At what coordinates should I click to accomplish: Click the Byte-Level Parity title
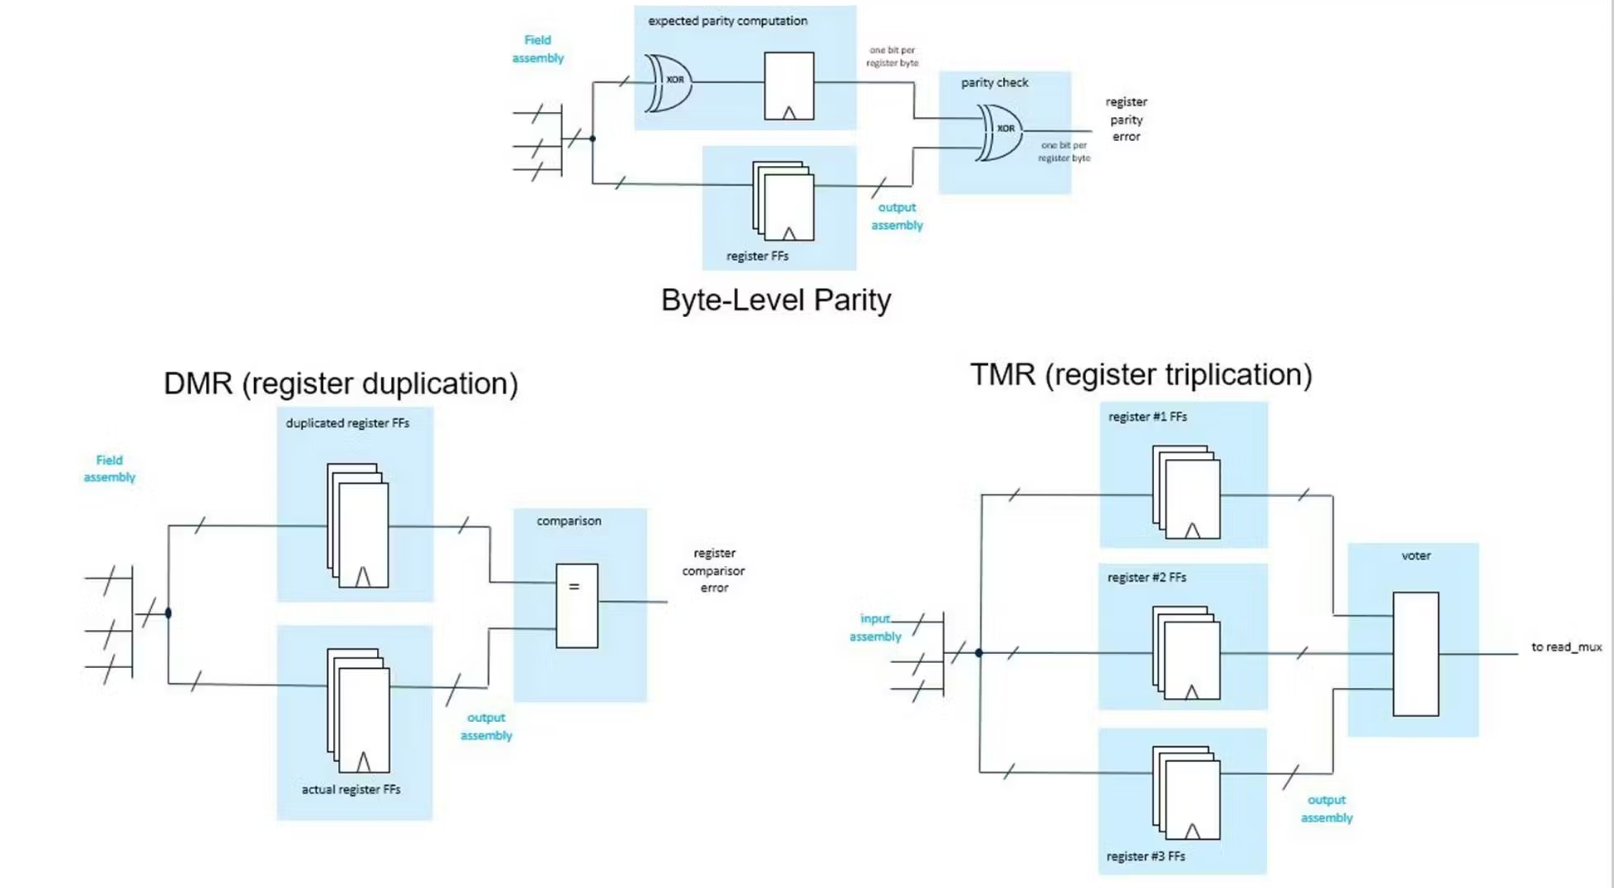tap(775, 300)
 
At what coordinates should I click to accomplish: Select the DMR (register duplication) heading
tap(340, 383)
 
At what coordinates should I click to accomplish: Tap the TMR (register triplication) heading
tap(1141, 374)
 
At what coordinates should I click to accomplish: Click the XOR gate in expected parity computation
tap(669, 82)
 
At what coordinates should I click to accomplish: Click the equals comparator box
tap(576, 606)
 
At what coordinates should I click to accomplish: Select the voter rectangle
tap(1415, 654)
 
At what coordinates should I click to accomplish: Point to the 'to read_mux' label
tap(1566, 646)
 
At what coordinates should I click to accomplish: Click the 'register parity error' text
tap(1126, 120)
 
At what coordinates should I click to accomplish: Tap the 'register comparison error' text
tap(713, 570)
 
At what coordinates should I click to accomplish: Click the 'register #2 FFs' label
tap(1146, 577)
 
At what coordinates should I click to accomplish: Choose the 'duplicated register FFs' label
tap(347, 422)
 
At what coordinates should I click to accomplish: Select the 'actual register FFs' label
tap(350, 789)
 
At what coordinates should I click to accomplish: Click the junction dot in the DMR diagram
tap(169, 613)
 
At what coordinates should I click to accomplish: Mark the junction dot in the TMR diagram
tap(979, 653)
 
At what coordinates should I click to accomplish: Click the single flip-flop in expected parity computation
tap(789, 85)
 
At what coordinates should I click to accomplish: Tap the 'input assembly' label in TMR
tap(875, 627)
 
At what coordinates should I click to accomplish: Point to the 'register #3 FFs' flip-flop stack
tap(1186, 793)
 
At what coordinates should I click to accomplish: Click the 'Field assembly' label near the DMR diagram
tap(109, 468)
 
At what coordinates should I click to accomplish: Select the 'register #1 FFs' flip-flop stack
tap(1186, 492)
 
